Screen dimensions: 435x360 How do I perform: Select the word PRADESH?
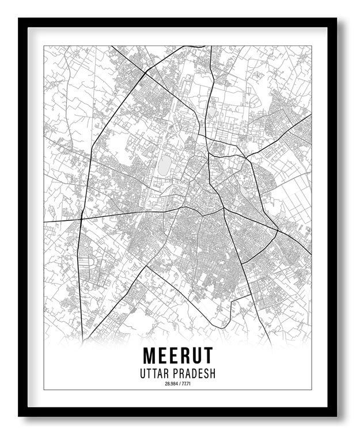pyautogui.click(x=196, y=373)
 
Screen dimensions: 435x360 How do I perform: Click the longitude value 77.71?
pyautogui.click(x=185, y=384)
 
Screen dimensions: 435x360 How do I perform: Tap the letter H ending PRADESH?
pyautogui.click(x=213, y=373)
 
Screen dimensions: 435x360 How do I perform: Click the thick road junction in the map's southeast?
pyautogui.click(x=278, y=232)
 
